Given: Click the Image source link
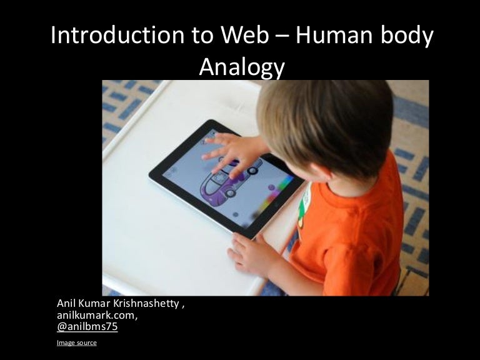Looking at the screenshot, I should pos(76,342).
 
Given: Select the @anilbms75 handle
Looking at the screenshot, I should pos(87,326).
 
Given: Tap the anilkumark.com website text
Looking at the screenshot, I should pos(97,315).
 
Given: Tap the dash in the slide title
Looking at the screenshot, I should pos(281,37).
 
